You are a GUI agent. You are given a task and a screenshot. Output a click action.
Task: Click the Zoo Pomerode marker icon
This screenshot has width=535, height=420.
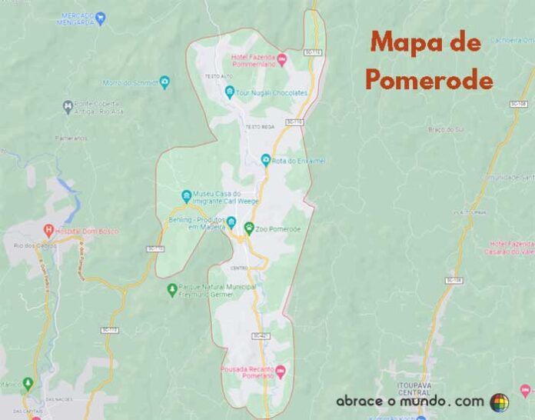[x=249, y=228]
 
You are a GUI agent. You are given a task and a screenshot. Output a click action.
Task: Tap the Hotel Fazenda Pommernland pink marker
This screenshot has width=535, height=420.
[x=281, y=59]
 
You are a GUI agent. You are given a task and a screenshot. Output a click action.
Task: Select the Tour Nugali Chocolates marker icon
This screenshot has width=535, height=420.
[x=229, y=92]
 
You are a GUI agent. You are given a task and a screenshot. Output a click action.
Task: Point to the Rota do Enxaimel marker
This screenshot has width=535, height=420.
[x=266, y=160]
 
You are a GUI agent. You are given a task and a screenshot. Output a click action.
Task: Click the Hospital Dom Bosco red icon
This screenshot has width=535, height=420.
[x=49, y=230]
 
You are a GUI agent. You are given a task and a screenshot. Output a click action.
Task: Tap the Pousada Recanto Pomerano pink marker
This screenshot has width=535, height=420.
[x=281, y=372]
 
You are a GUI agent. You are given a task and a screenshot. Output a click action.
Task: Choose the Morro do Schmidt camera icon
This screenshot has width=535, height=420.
[x=164, y=81]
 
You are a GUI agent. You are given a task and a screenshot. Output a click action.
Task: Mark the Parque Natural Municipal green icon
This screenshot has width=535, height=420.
[x=171, y=289]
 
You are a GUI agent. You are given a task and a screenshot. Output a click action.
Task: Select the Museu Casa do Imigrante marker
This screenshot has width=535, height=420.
[x=185, y=195]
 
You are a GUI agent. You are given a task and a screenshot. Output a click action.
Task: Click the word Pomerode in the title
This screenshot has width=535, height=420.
[x=428, y=78]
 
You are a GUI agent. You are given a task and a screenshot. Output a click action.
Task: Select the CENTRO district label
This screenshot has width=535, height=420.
[x=238, y=268]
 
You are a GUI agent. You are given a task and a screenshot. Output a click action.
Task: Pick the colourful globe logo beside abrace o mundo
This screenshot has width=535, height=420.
[x=500, y=402]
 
